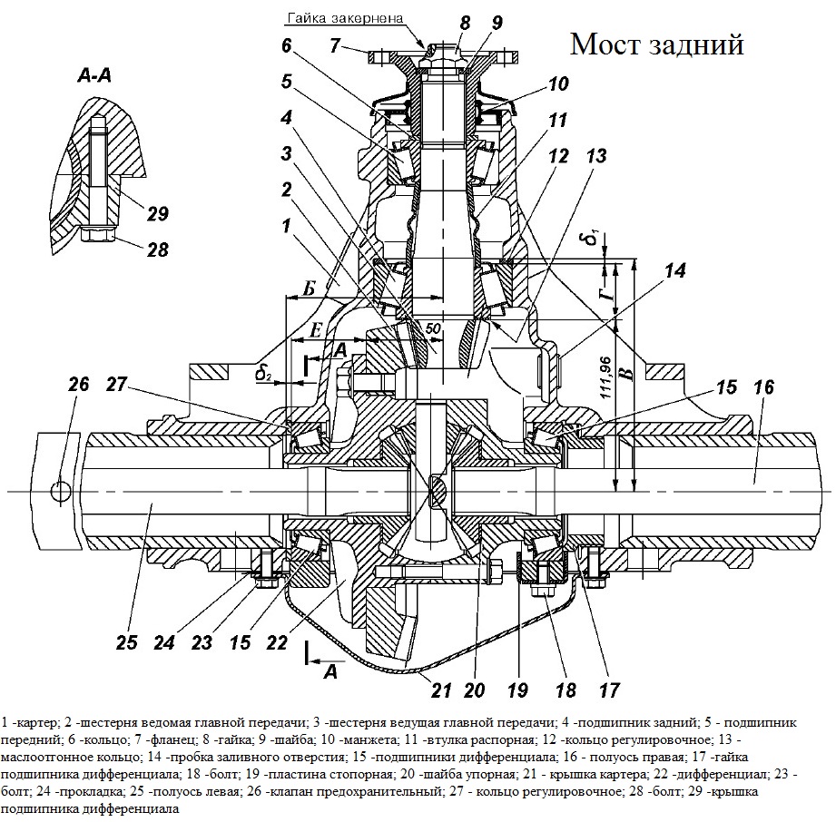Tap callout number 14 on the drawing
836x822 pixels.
pyautogui.click(x=675, y=270)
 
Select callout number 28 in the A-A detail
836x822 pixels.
pyautogui.click(x=157, y=249)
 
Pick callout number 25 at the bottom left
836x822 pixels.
pyautogui.click(x=127, y=642)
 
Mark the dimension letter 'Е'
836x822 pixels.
pyautogui.click(x=317, y=330)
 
